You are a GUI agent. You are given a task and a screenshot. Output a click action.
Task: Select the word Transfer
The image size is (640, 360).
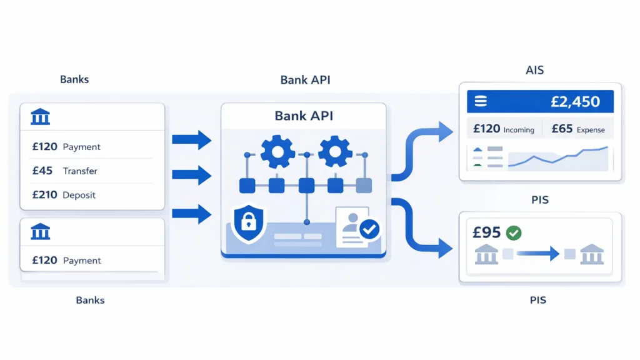[80, 171]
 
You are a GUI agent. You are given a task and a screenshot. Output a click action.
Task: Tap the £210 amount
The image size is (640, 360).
[45, 195]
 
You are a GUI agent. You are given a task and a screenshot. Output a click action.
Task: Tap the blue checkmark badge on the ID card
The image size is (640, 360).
[369, 230]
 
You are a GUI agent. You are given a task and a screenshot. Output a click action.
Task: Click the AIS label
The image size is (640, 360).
[534, 71]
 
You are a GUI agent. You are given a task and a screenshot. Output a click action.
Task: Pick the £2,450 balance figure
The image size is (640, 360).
[575, 101]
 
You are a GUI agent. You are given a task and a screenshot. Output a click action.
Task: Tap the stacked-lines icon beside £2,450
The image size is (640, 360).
[481, 101]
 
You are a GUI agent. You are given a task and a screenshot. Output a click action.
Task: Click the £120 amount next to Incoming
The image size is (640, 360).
[486, 129]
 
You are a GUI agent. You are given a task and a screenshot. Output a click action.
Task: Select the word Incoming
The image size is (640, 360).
[519, 130]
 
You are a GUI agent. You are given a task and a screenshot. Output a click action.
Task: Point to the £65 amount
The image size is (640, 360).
[562, 129]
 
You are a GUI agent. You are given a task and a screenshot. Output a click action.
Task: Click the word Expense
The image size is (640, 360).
[591, 130]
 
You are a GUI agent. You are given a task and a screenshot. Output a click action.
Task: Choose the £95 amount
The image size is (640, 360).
[486, 232]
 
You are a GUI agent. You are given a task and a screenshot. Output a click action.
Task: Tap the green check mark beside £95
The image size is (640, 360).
[514, 233]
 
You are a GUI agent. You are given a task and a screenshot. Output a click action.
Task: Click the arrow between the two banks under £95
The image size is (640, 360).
[537, 254]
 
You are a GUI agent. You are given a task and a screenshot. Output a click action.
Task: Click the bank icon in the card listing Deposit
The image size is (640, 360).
[40, 117]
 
